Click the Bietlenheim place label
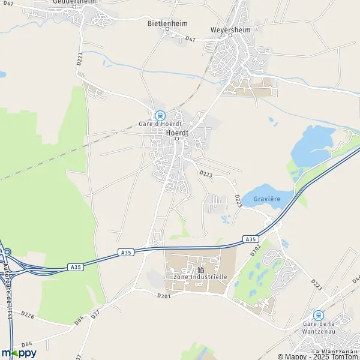[168, 23]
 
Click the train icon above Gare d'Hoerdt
[159, 115]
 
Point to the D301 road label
[164, 296]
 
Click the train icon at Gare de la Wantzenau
[318, 315]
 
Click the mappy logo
[19, 353]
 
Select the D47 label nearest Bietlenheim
[191, 39]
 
